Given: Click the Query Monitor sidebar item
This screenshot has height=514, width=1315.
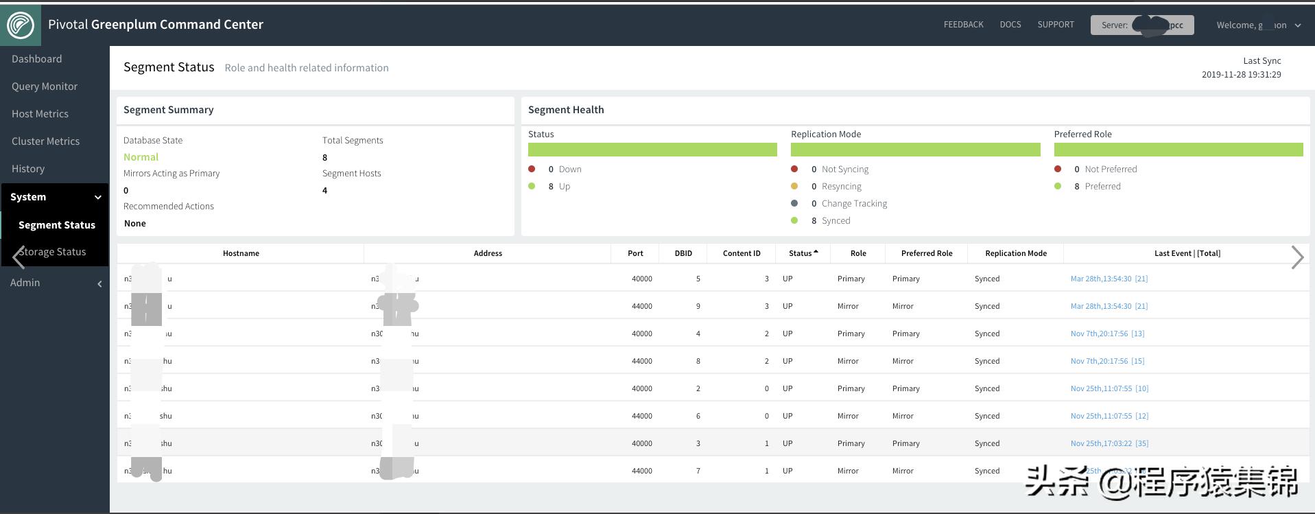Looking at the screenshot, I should coord(45,86).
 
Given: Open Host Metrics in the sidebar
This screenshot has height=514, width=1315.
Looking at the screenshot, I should coord(40,114).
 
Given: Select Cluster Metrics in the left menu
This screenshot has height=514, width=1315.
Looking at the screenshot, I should coord(45,141).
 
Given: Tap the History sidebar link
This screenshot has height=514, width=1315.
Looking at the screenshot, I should coord(28,169).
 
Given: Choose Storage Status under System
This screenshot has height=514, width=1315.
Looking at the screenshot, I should coord(53,252).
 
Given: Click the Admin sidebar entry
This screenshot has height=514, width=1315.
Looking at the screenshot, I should coord(25,283).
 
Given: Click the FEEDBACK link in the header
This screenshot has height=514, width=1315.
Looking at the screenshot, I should coord(963,25).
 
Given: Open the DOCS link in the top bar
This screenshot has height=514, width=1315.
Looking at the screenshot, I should coord(1010,25).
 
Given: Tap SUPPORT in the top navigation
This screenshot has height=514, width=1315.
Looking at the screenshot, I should coord(1055,25).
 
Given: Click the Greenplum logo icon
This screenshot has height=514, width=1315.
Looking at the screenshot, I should coord(21,25).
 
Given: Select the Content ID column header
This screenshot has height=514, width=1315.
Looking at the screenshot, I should coord(741,253).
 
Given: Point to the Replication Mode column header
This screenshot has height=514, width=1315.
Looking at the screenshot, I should coord(1015,253).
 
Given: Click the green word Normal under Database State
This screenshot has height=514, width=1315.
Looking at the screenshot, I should coord(141,157).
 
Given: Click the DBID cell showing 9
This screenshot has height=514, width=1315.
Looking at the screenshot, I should coord(698,306).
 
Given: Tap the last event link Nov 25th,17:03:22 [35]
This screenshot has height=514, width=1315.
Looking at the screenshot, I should coord(1109,443).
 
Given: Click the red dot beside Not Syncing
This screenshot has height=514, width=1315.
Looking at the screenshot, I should coord(794,169).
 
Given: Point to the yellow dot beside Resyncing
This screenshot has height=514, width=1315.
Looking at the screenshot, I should coord(794,186).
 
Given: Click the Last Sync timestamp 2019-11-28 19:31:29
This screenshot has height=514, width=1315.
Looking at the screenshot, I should coord(1241,74).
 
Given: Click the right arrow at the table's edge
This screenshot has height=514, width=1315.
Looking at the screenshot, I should coord(1296,257).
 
